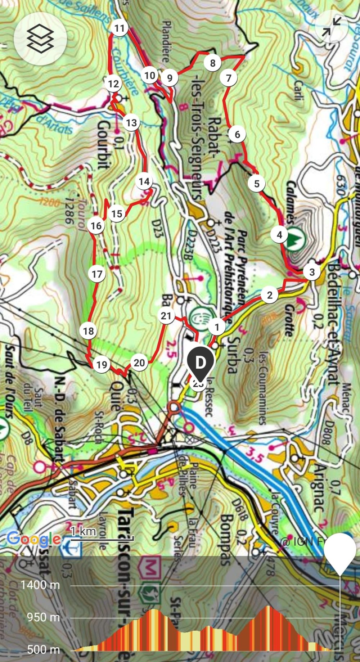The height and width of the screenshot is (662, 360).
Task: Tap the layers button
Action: (40, 39)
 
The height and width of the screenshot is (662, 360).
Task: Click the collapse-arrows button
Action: (331, 27)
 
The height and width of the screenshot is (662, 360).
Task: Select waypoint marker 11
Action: (120, 28)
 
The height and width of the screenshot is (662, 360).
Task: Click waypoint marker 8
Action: (213, 63)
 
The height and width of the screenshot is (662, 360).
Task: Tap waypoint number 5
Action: (257, 184)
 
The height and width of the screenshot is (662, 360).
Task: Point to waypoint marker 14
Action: (144, 181)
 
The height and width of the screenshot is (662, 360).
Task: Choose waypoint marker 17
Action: (97, 274)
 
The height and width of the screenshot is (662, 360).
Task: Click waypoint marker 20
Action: (139, 363)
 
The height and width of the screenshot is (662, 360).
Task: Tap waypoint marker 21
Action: (166, 316)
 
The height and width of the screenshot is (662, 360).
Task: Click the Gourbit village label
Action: (104, 144)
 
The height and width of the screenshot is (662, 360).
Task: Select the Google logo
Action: (34, 539)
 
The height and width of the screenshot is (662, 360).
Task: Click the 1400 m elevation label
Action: (40, 585)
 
